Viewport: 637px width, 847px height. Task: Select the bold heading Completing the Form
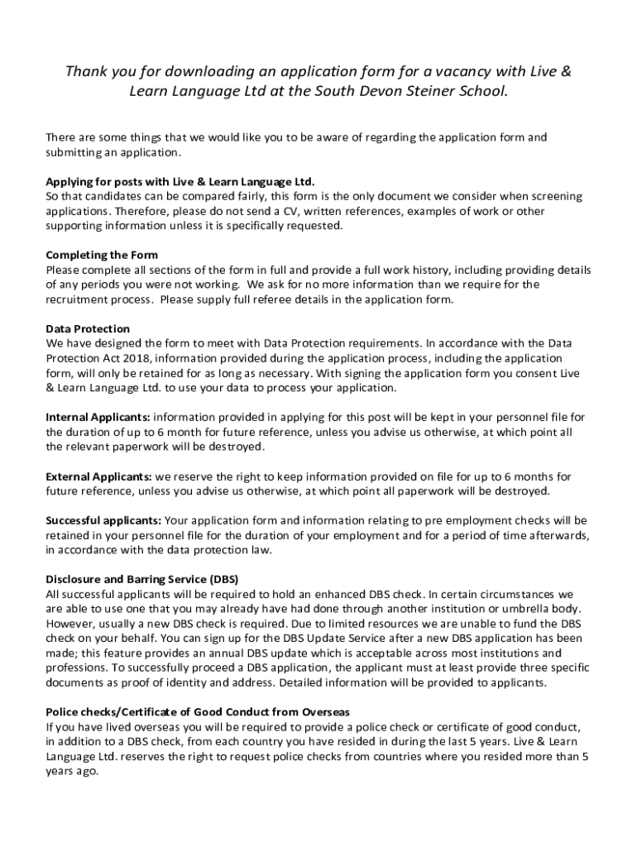(x=102, y=255)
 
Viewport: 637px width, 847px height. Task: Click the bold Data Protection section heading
(x=88, y=328)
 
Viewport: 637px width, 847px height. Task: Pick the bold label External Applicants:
(x=98, y=476)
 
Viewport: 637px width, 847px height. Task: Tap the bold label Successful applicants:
(x=103, y=520)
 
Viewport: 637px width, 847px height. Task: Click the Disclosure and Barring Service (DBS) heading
(x=142, y=579)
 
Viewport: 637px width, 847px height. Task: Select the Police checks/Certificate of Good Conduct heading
(x=198, y=711)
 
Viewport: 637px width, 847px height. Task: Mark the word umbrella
(x=510, y=609)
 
